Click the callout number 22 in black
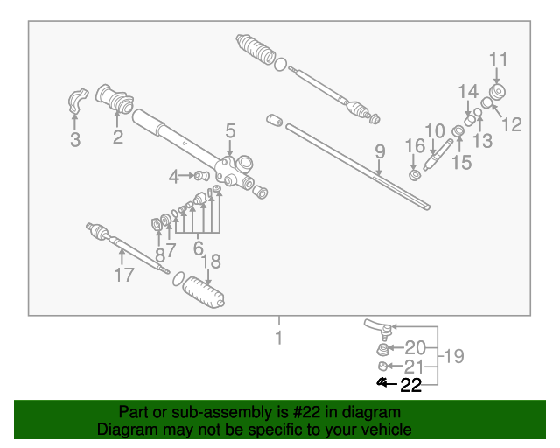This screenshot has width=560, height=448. (410, 386)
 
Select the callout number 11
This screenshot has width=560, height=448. (498, 59)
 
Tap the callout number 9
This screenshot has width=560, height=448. (380, 151)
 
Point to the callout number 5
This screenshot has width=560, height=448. (231, 131)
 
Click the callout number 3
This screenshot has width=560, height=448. (75, 140)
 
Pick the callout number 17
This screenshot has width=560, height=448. (124, 275)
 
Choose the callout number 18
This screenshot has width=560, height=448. (212, 262)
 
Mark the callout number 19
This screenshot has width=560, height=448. (453, 356)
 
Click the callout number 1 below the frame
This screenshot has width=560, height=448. (279, 338)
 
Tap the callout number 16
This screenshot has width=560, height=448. (415, 146)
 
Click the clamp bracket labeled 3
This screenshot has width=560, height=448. (78, 101)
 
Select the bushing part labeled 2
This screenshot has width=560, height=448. (115, 99)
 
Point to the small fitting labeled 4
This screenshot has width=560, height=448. (201, 175)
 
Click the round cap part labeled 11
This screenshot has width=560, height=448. (497, 92)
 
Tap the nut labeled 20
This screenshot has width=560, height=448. (382, 349)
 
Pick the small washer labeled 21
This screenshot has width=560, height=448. (382, 367)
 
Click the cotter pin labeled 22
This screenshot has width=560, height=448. (381, 382)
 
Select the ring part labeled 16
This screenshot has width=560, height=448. (415, 175)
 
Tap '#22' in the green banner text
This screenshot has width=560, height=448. (306, 413)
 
